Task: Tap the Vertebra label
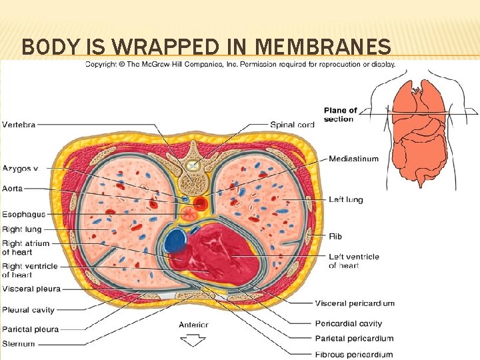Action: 19,125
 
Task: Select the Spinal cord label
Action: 292,125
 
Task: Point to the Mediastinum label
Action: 353,159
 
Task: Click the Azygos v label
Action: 21,169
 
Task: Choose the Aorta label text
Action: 13,189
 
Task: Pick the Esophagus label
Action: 24,214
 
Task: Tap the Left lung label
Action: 346,199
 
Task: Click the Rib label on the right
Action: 335,236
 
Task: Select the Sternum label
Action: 19,344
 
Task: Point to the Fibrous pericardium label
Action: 354,354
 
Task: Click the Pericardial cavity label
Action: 349,323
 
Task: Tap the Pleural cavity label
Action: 28,310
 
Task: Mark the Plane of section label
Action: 340,114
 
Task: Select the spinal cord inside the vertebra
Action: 193,165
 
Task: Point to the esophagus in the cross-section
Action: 189,214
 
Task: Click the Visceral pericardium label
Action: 355,303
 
